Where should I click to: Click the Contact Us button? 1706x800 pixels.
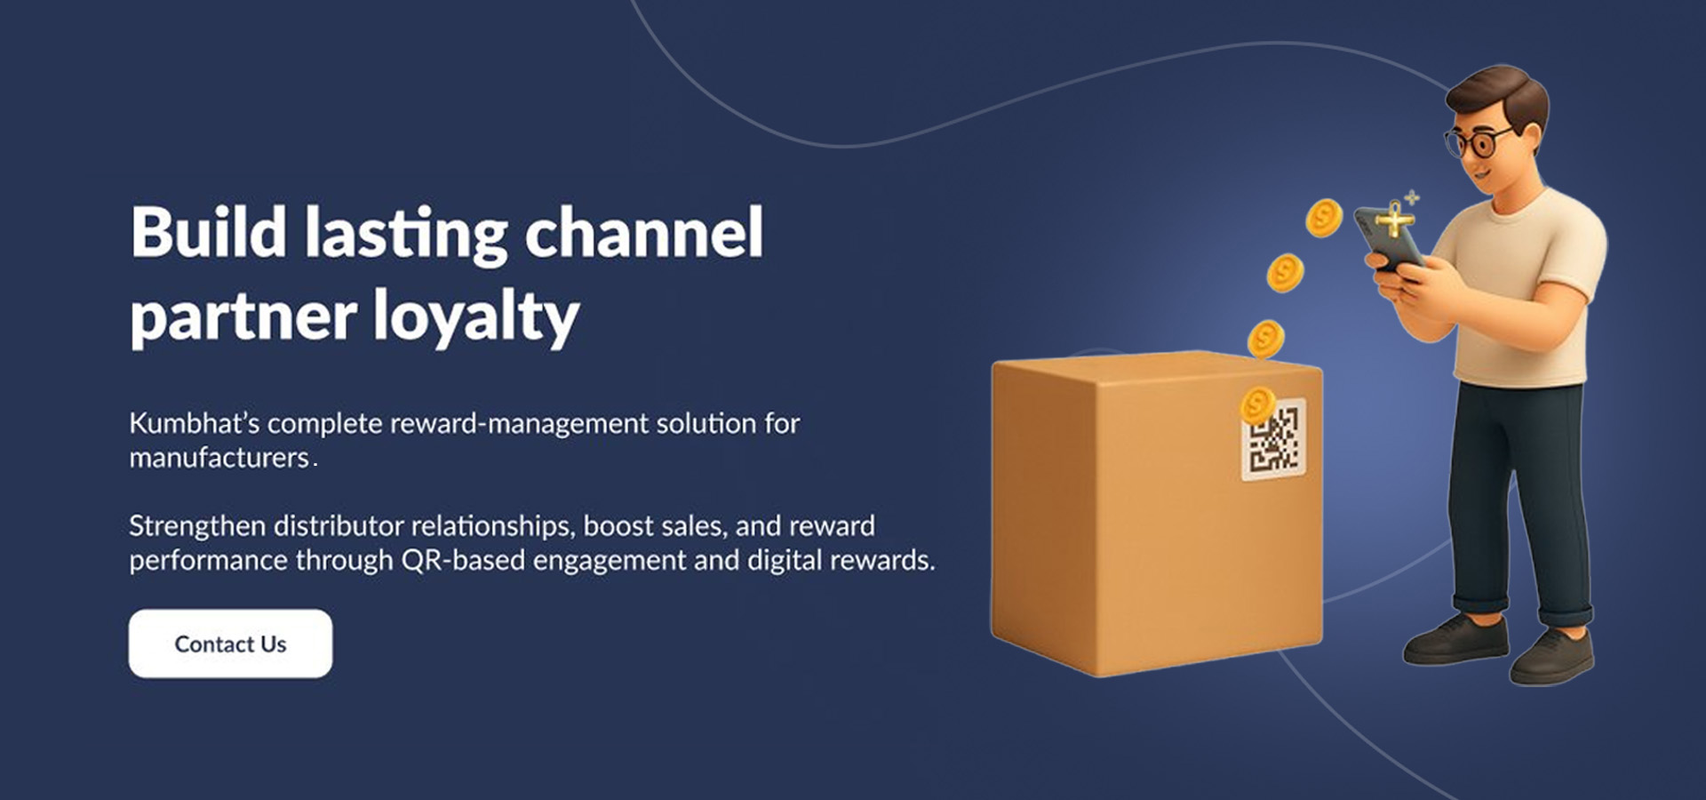230,644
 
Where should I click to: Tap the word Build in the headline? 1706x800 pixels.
208,233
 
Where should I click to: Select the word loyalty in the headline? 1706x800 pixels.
475,317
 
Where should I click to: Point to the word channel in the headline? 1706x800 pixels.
643,233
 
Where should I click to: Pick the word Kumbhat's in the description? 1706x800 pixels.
194,424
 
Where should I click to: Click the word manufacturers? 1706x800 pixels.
219,459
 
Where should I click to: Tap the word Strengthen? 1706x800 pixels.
197,526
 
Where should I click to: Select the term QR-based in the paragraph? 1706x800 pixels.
462,561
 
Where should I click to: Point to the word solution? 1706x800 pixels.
706,424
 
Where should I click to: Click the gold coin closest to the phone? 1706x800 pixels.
1323,218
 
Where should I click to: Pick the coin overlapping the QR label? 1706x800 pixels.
1257,405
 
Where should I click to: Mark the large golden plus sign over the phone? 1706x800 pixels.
1395,220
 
